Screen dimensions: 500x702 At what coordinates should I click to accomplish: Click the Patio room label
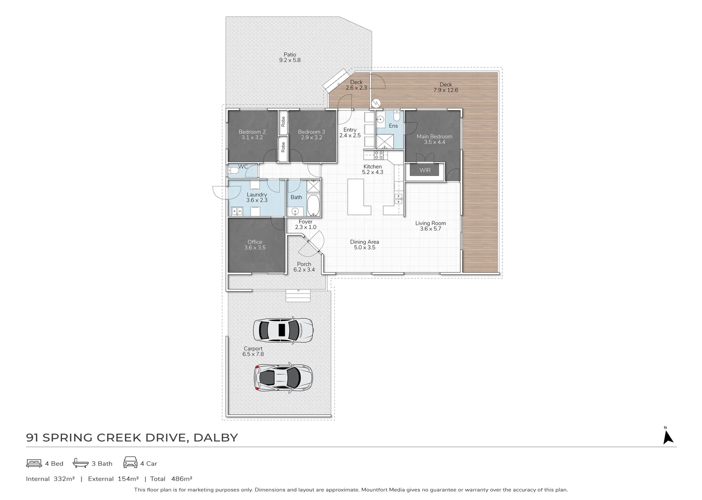[x=290, y=55]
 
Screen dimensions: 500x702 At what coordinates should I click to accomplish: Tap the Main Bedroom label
[x=434, y=137]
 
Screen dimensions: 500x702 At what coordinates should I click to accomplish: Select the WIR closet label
[x=425, y=170]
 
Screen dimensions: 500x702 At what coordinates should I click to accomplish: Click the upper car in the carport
[x=283, y=330]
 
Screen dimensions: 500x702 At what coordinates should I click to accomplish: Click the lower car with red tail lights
[x=283, y=377]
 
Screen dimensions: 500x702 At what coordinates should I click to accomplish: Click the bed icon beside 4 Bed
[x=34, y=463]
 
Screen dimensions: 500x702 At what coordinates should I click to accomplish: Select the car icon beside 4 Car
[x=130, y=463]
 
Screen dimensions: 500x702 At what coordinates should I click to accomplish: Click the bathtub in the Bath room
[x=313, y=206]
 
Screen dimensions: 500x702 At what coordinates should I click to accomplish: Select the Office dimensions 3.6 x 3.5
[x=255, y=248]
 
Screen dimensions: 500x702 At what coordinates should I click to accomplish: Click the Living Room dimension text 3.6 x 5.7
[x=430, y=229]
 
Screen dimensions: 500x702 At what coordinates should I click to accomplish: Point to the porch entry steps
[x=299, y=295]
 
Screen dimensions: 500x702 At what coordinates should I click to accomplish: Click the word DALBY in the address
[x=216, y=437]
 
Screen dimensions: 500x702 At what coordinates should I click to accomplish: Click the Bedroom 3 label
[x=311, y=132]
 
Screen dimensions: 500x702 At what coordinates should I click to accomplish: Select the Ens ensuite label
[x=393, y=126]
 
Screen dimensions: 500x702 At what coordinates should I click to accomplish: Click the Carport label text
[x=253, y=349]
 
